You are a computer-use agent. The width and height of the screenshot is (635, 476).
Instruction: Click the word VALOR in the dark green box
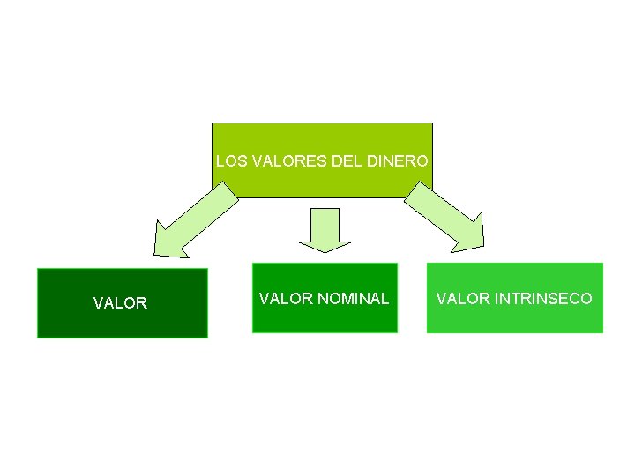point(120,303)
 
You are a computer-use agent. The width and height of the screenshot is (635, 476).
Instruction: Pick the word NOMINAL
point(353,299)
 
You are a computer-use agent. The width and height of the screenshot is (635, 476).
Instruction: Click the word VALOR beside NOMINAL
point(286,299)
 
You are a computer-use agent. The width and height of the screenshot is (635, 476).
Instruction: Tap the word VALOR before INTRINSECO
point(463,299)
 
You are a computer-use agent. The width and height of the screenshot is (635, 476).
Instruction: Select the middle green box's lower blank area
point(325,319)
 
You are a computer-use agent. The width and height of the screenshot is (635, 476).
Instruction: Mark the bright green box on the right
point(515,321)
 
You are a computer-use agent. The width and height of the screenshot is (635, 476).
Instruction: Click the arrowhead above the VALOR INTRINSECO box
point(474,235)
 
